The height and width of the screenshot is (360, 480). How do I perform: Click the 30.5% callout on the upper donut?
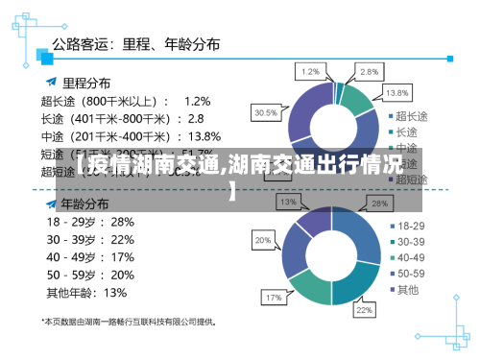(266, 112)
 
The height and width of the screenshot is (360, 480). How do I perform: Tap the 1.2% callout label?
(311, 71)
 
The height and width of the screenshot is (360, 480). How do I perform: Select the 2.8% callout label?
(368, 71)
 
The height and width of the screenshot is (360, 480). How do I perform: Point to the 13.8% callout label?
(396, 93)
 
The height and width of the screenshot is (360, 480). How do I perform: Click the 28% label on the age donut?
(379, 204)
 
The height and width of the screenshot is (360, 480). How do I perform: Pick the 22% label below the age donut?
(365, 310)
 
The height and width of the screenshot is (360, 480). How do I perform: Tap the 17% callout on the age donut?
(273, 298)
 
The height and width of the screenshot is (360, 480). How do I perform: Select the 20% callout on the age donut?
(262, 239)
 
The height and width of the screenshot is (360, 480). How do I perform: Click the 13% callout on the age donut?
(287, 203)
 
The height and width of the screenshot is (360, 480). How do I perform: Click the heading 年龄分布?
(84, 204)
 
